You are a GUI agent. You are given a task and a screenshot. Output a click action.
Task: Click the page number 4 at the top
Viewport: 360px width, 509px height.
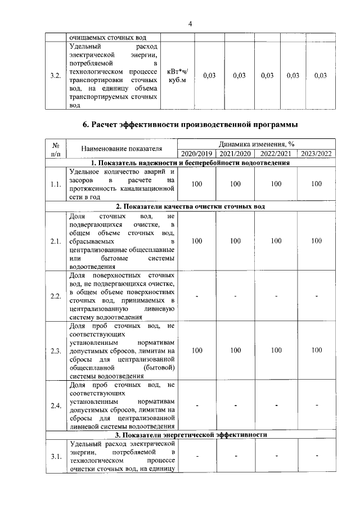[190, 23]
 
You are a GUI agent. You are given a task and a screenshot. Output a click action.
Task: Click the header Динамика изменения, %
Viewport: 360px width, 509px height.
[256, 145]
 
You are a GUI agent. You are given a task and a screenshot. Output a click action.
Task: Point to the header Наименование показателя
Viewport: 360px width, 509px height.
[121, 149]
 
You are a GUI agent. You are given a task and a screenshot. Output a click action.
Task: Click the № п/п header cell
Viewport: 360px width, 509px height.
[56, 149]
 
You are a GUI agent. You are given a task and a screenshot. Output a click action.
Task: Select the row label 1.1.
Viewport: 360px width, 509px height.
[56, 184]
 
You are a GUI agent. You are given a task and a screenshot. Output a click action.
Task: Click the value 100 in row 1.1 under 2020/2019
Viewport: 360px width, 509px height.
[197, 184]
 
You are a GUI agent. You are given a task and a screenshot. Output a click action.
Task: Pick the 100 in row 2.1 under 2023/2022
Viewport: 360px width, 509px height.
[317, 241]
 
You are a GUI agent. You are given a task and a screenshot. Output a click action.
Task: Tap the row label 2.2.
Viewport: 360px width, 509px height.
[56, 296]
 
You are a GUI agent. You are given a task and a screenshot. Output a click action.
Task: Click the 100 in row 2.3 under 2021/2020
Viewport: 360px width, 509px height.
[235, 350]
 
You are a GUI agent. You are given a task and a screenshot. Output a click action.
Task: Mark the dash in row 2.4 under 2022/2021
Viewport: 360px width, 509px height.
[276, 405]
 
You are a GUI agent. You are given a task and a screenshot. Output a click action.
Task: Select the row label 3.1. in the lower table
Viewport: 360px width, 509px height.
[56, 457]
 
